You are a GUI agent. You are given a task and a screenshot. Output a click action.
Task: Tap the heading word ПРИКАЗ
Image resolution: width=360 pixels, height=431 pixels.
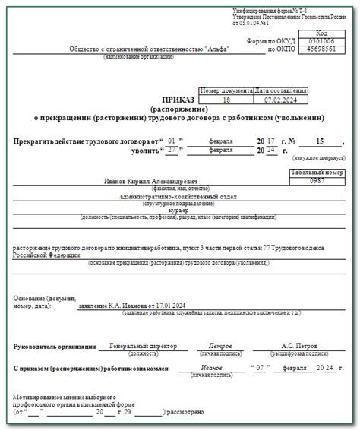178,99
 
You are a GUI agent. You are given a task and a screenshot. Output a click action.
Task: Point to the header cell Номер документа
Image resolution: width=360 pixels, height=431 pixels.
225,90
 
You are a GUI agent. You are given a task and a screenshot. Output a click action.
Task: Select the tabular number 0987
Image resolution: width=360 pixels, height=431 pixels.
317,182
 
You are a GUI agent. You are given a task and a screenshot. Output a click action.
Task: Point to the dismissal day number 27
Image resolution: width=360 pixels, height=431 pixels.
172,151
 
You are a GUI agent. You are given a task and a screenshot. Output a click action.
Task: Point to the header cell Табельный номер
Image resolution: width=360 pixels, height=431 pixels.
317,173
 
